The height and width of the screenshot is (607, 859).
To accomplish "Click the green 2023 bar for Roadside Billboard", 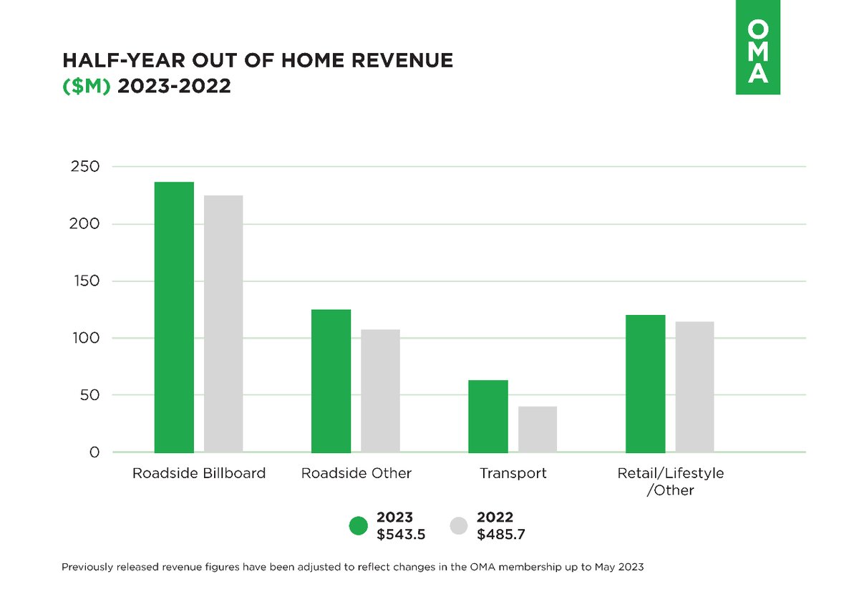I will pos(174,317).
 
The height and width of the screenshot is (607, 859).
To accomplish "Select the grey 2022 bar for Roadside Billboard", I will pos(223,324).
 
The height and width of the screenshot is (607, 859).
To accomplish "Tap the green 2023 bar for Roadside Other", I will pos(331,381).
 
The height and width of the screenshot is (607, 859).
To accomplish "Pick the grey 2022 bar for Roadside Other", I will pos(380,391).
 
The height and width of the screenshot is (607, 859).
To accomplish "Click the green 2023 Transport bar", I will pos(488,416).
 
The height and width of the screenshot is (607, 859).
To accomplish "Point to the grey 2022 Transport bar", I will pos(538,429).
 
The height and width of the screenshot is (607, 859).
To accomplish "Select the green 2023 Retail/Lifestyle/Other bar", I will pos(645,384).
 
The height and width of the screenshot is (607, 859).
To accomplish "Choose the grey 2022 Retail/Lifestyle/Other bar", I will pos(694,387).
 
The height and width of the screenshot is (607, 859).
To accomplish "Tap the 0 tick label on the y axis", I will pos(94,452).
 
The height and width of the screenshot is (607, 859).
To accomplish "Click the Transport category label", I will pos(513,474).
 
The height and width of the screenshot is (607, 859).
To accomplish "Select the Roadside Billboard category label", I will pos(199,474).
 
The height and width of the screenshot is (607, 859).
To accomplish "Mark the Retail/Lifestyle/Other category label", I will pos(671,482).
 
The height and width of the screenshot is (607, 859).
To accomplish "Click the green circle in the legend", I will pos(358,526).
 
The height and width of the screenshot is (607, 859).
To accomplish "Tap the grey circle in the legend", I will pos(459,526).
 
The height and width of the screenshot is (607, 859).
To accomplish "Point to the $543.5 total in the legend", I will pos(402,535).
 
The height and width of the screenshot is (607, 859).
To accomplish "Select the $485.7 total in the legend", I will pos(502,535).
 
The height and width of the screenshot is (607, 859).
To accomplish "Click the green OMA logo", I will pos(757,47).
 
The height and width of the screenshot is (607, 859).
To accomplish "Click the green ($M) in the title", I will pos(87,87).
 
